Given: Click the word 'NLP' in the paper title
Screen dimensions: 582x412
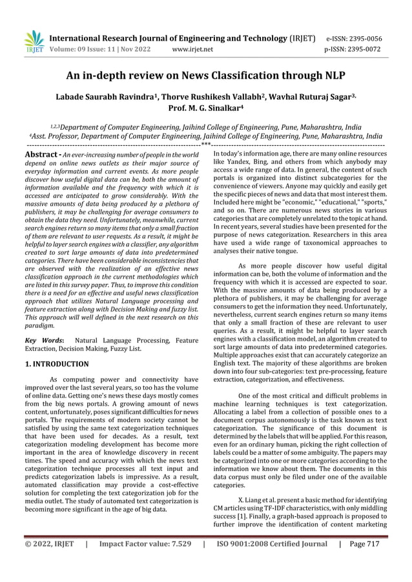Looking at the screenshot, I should [331, 77].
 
